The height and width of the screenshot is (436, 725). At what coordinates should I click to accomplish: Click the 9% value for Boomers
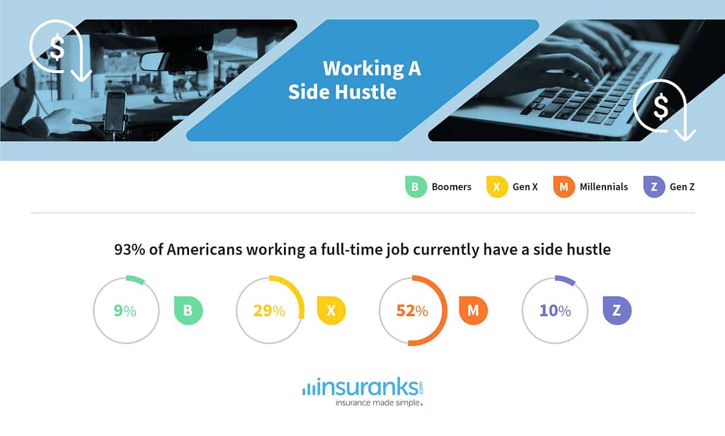[x=125, y=311]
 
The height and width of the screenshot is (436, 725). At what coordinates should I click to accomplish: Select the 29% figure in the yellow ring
[x=269, y=311]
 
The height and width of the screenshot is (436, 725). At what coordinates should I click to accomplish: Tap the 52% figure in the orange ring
[x=412, y=311]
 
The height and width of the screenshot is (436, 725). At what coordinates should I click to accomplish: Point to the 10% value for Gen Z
[x=555, y=311]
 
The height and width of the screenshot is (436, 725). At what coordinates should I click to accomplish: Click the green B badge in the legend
[x=416, y=187]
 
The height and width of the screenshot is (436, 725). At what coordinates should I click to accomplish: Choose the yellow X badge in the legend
[x=497, y=187]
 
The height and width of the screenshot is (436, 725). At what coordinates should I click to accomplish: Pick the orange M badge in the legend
[x=564, y=187]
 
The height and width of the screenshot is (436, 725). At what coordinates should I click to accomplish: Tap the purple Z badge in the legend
[x=654, y=187]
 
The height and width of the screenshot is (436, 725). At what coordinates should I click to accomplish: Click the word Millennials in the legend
[x=604, y=187]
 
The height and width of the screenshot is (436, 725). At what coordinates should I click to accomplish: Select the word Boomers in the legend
[x=451, y=187]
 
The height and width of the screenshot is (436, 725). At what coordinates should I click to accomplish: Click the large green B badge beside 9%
[x=188, y=310]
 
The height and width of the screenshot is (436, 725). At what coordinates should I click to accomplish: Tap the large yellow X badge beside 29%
[x=331, y=310]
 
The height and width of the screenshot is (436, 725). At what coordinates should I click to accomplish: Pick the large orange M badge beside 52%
[x=473, y=310]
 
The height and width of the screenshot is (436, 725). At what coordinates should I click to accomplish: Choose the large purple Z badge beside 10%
[x=617, y=310]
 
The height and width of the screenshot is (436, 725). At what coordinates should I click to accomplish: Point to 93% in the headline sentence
[x=130, y=250]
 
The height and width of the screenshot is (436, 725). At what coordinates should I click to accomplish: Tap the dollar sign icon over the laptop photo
[x=661, y=106]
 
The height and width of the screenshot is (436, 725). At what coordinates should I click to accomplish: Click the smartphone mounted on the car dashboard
[x=115, y=112]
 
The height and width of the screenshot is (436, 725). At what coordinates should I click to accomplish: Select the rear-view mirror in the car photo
[x=174, y=62]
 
